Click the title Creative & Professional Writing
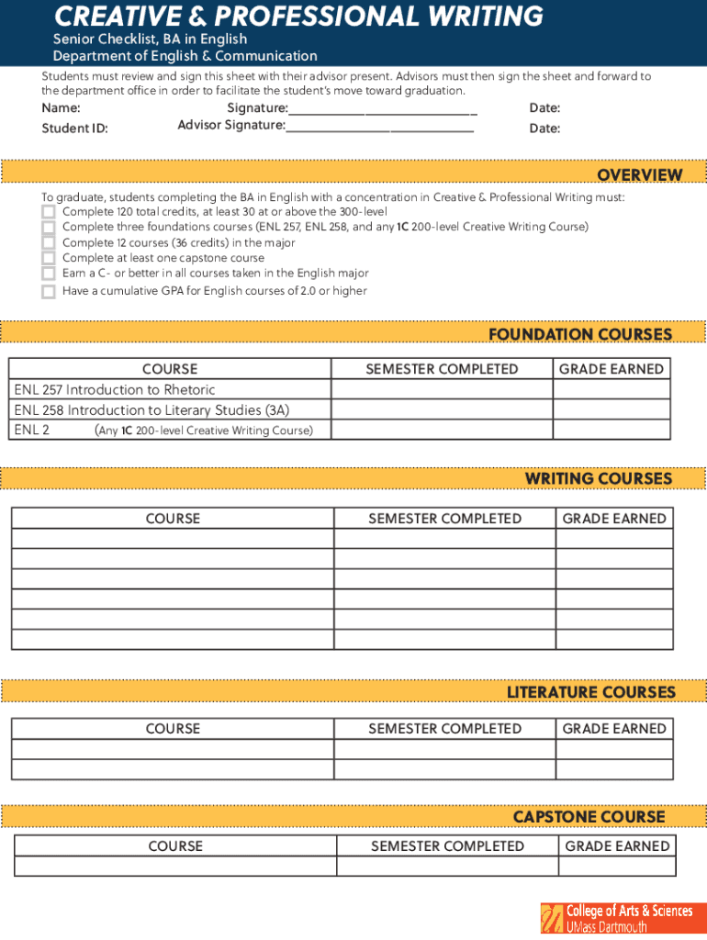[x=298, y=17]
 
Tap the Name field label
[x=61, y=108]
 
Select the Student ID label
[x=74, y=129]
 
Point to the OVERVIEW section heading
[x=639, y=174]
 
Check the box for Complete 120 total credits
[x=48, y=212]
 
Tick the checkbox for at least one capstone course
[x=48, y=258]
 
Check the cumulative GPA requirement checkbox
[x=48, y=291]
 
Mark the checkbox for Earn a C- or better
[x=48, y=274]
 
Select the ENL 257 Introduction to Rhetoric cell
[x=170, y=390]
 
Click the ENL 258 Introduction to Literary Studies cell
[x=170, y=410]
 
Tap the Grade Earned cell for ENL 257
[x=611, y=390]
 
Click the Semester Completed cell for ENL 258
[x=442, y=410]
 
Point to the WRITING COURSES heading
[x=598, y=478]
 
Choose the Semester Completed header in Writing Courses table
[x=444, y=519]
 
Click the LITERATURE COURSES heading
[x=590, y=692]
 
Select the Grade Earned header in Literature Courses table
[x=614, y=729]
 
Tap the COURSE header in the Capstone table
[x=175, y=846]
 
